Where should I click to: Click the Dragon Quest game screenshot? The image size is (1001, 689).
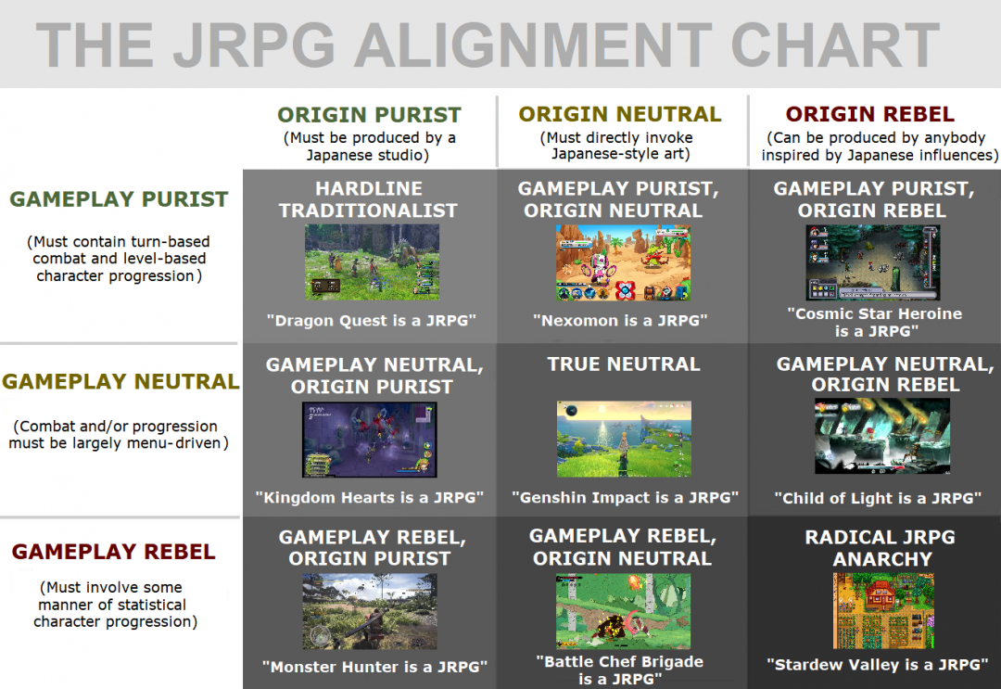(x=372, y=262)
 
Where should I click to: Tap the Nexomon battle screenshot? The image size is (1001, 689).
(x=623, y=262)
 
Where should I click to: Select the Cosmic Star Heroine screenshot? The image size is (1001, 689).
(x=873, y=262)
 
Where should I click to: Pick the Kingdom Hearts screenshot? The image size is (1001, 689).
(x=369, y=440)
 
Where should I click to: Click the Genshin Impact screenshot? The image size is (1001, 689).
(x=624, y=439)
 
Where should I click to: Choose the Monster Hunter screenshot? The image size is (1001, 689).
(x=369, y=611)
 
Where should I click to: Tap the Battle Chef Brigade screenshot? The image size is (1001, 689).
(x=623, y=611)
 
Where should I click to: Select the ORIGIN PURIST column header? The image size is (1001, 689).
(x=369, y=115)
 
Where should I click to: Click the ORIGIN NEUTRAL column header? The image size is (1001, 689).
(x=619, y=114)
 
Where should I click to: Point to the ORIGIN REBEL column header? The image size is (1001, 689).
(x=869, y=114)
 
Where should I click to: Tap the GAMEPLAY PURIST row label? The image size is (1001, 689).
(x=119, y=199)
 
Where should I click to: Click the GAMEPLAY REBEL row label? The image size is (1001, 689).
(x=114, y=553)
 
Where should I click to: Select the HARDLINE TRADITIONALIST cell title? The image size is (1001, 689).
(x=368, y=199)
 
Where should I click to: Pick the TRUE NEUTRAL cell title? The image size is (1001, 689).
(x=623, y=364)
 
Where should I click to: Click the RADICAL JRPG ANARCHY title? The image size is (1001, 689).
(x=880, y=548)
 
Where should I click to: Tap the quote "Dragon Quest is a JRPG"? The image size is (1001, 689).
(x=371, y=321)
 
